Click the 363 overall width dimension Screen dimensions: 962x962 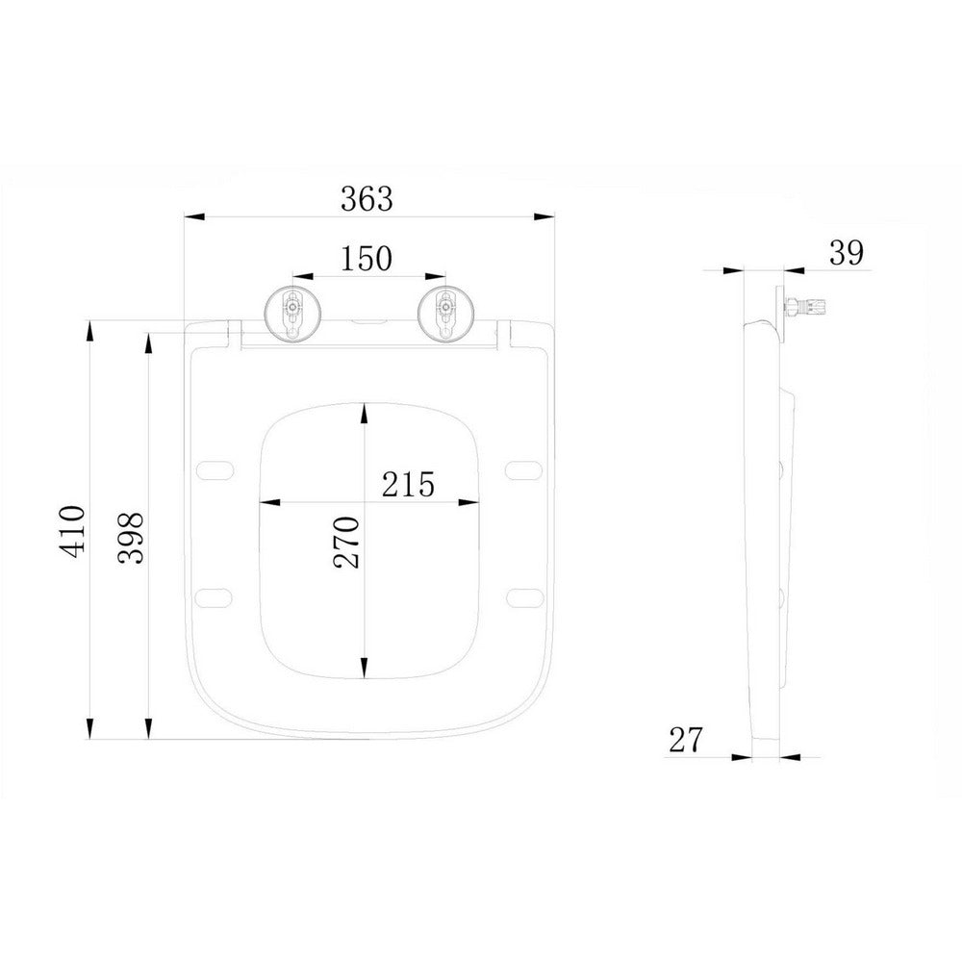coord(367,198)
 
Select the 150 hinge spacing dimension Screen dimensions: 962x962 coord(367,258)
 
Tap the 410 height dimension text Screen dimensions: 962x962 coord(75,528)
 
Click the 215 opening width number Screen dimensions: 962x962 coord(408,483)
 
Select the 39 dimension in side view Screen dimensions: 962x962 coord(847,252)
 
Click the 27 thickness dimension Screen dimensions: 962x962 coord(686,739)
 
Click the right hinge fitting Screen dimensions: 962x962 coord(444,314)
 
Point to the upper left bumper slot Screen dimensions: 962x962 coord(215,469)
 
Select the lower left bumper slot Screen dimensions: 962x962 coord(215,595)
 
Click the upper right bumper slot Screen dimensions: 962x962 coord(525,469)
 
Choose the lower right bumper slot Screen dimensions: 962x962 coord(525,595)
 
